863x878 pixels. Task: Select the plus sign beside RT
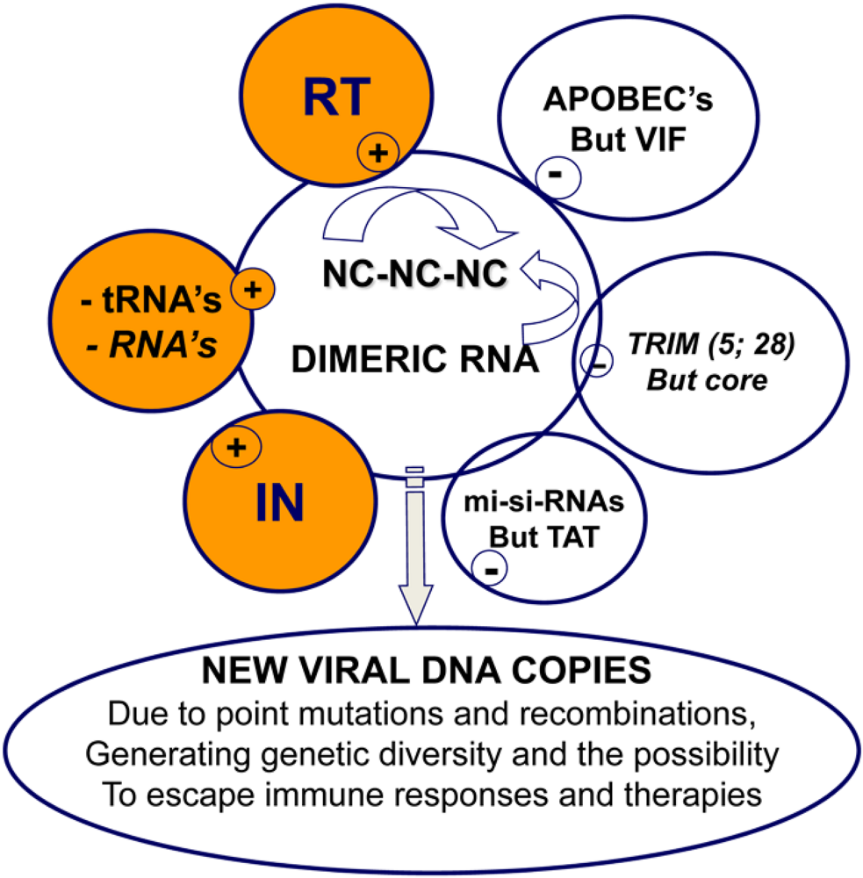[x=377, y=154]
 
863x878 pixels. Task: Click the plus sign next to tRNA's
[x=252, y=291]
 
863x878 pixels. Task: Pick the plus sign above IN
[x=235, y=447]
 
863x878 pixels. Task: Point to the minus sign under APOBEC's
[x=556, y=175]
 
